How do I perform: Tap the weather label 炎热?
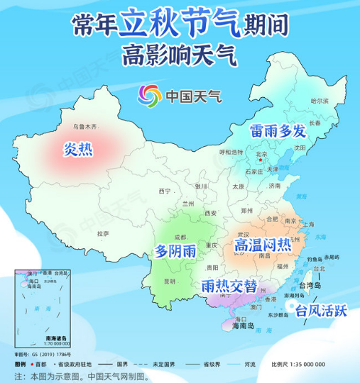pyautogui.click(x=78, y=149)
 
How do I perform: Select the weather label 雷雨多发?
pyautogui.click(x=277, y=131)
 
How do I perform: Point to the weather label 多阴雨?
pyautogui.click(x=176, y=251)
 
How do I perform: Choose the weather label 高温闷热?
pyautogui.click(x=262, y=245)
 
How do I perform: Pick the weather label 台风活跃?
pyautogui.click(x=321, y=311)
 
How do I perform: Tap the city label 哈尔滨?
pyautogui.click(x=320, y=101)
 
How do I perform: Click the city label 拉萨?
pyautogui.click(x=102, y=233)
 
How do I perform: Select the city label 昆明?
pyautogui.click(x=169, y=281)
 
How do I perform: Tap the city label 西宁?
pyautogui.click(x=165, y=191)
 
